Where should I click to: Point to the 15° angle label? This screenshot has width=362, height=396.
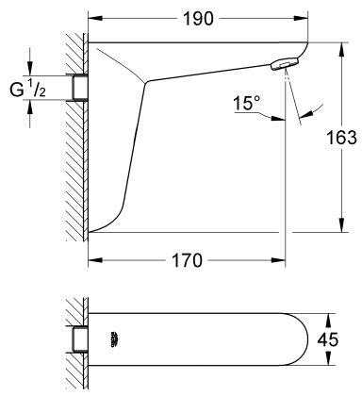coord(247,102)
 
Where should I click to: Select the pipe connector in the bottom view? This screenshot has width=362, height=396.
coord(77,337)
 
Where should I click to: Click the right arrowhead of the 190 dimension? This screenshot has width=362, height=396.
coord(304,19)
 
